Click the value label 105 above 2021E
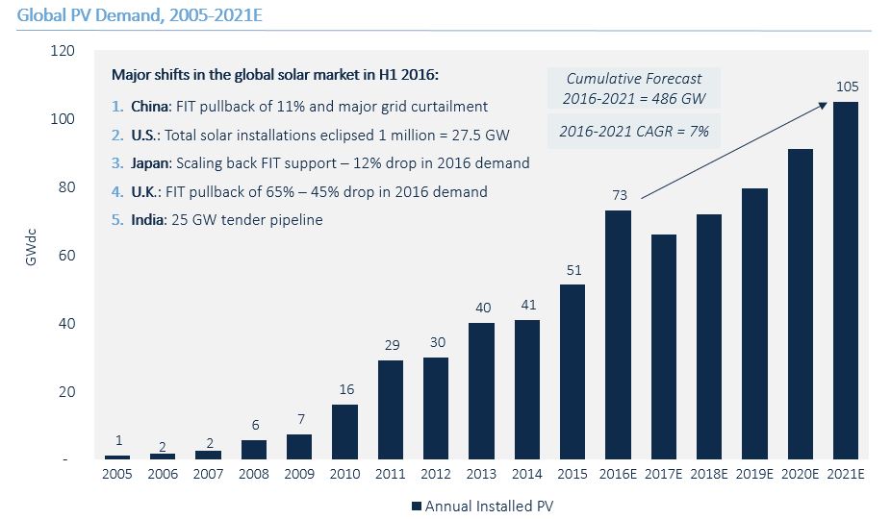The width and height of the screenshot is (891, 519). coord(847,87)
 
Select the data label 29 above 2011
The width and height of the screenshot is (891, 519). coord(390,345)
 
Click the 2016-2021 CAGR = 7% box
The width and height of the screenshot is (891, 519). coord(633,131)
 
